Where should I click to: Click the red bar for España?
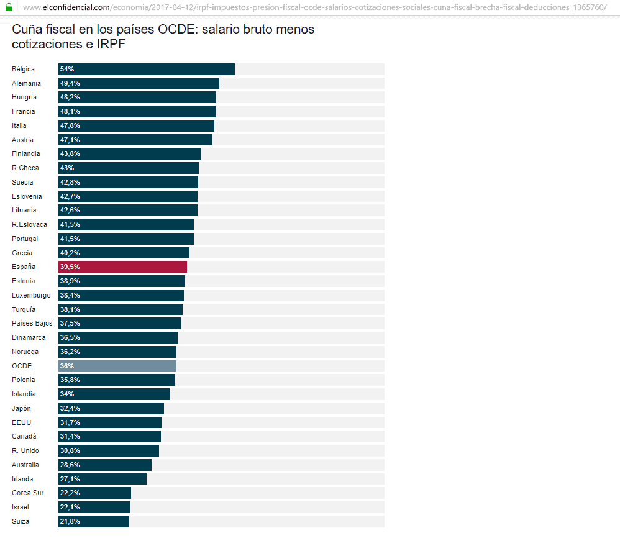[122, 267]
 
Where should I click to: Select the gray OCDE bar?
[117, 366]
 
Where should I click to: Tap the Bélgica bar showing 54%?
[147, 69]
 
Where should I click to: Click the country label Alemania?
[26, 83]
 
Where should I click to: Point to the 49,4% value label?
[70, 83]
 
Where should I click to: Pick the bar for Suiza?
[94, 521]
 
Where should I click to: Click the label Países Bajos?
[32, 323]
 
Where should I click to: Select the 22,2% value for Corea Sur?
[70, 493]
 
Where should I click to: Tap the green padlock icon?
[9, 7]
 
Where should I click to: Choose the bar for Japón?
[111, 408]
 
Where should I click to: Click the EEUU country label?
[21, 422]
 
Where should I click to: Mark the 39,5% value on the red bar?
[70, 267]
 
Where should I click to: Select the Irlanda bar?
[103, 479]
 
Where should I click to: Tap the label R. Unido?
[25, 450]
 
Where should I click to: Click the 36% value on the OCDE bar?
[67, 366]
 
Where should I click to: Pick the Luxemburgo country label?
[31, 295]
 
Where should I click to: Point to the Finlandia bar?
[130, 153]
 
